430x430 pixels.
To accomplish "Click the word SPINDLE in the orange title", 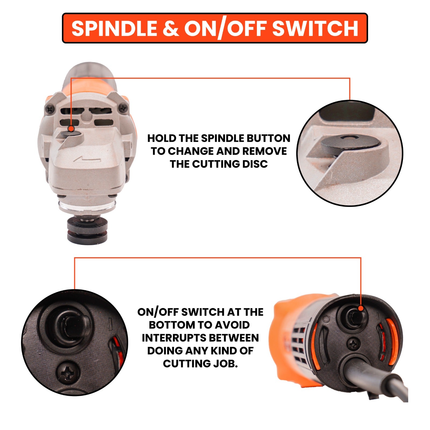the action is pyautogui.click(x=114, y=28).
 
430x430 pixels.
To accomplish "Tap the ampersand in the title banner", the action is pyautogui.click(x=171, y=28).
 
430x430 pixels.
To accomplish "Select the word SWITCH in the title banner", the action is pyautogui.click(x=315, y=28).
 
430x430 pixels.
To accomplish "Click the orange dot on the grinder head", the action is pyautogui.click(x=71, y=128).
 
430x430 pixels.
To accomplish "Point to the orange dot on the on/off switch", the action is pyautogui.click(x=361, y=308).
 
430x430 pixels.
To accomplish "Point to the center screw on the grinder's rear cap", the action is pyautogui.click(x=354, y=343).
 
